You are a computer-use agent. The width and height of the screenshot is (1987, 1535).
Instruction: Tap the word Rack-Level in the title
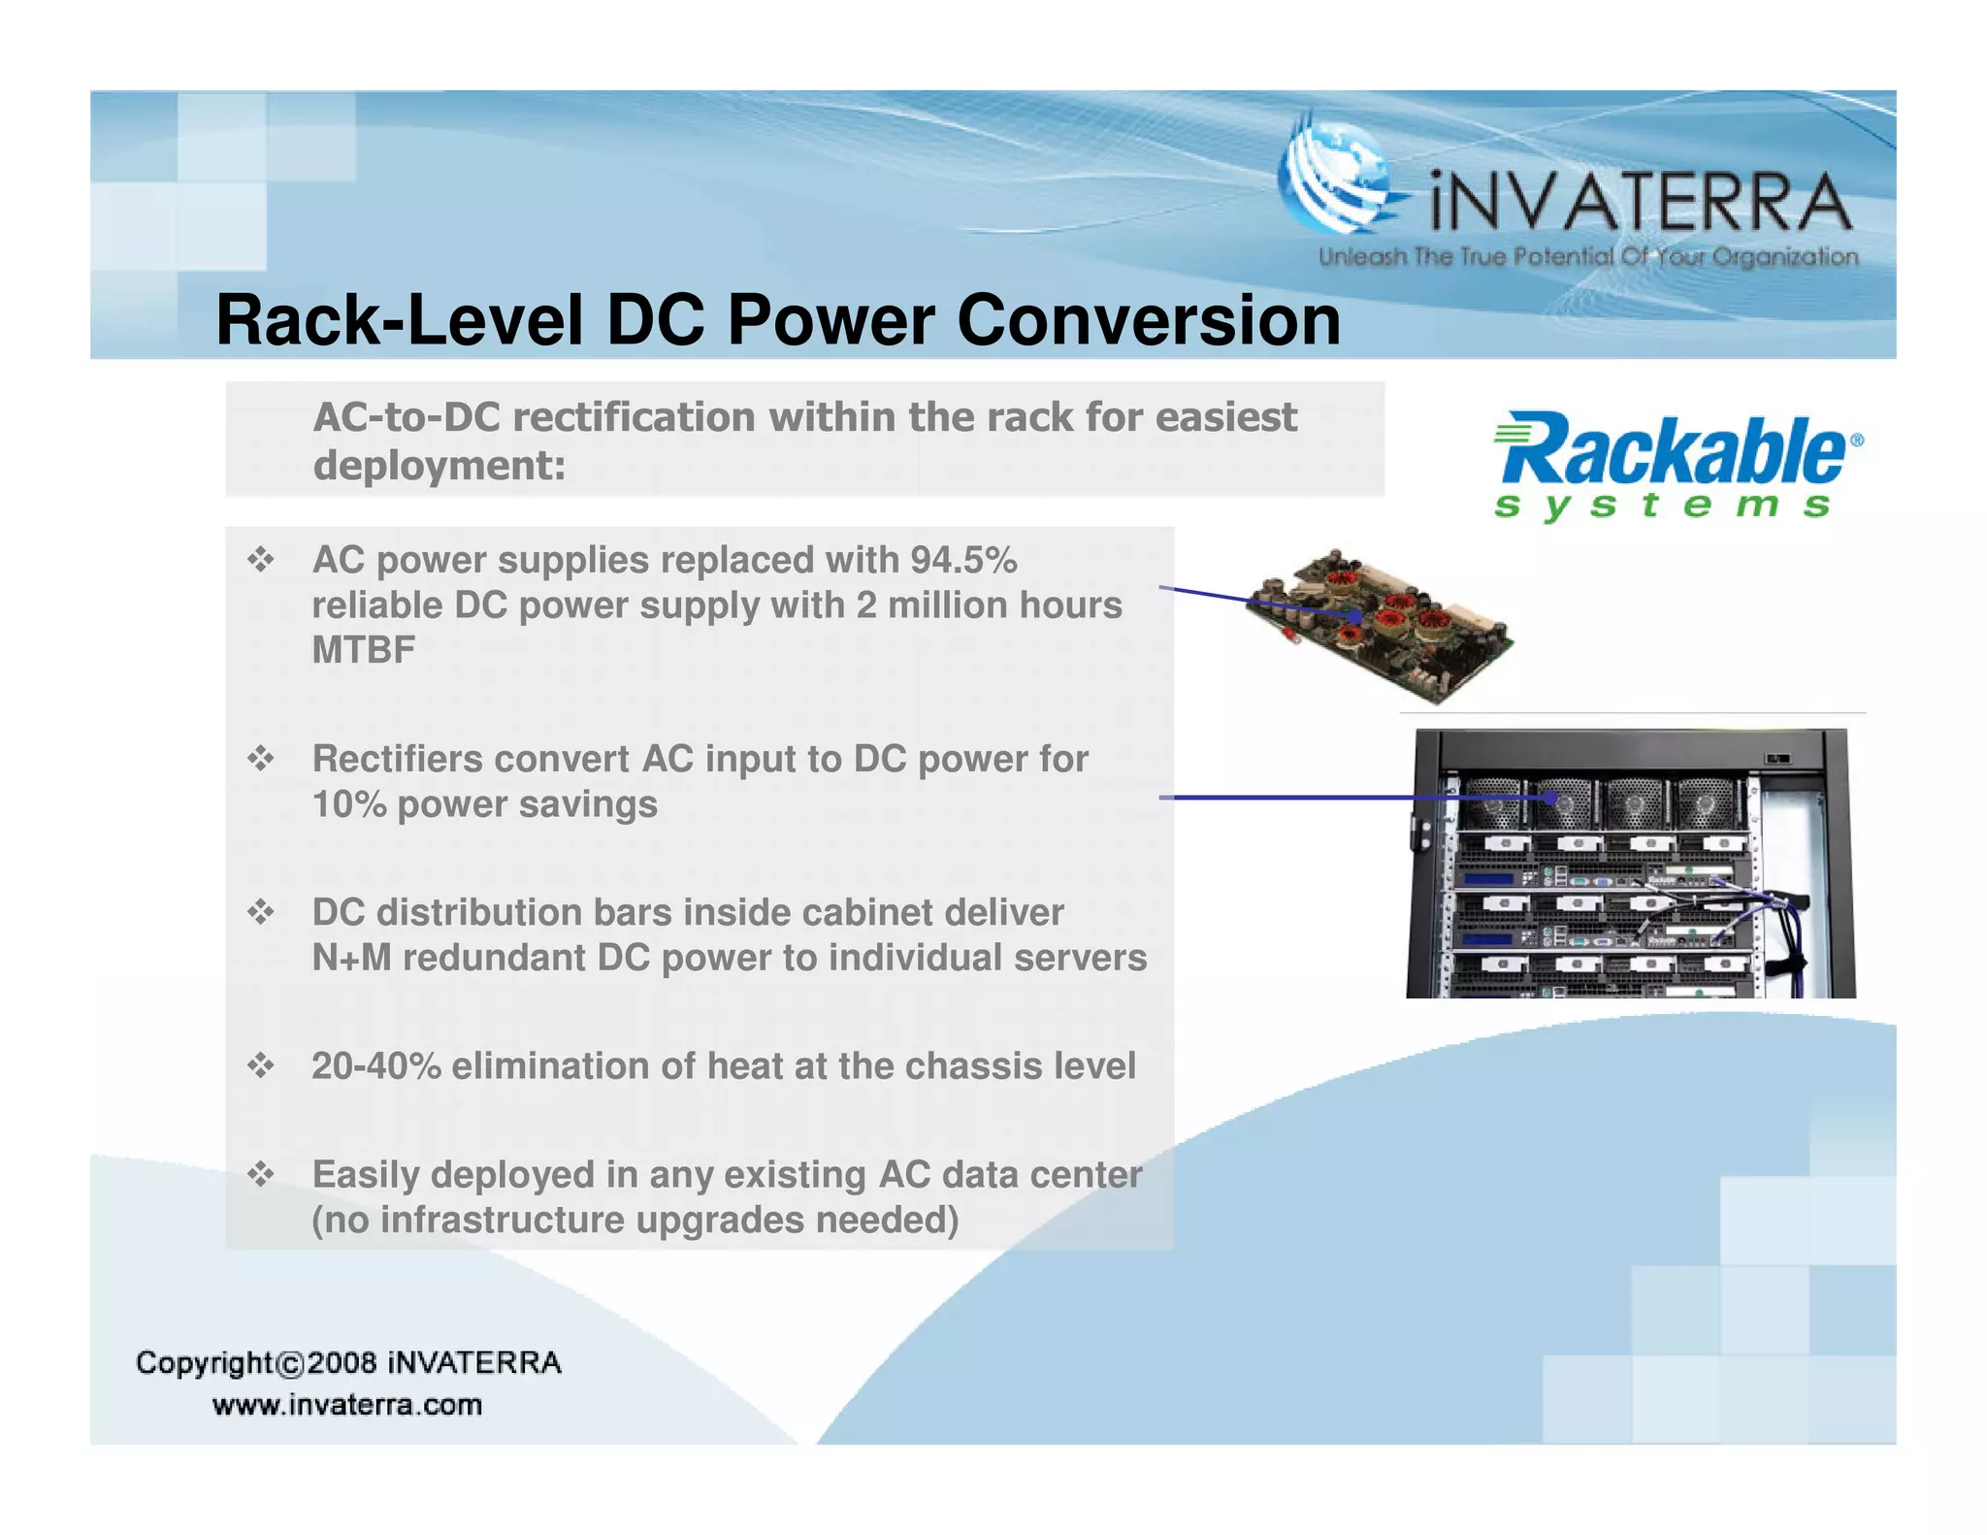click(x=399, y=320)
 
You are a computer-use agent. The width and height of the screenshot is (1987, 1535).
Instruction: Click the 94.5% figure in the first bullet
click(x=963, y=560)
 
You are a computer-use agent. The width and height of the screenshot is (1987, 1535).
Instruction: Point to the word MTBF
click(x=364, y=650)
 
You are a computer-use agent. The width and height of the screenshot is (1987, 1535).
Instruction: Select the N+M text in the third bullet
click(x=351, y=958)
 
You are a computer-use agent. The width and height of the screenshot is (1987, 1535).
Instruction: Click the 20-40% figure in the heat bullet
click(x=375, y=1066)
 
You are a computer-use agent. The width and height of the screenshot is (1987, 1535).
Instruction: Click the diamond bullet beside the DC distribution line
click(x=260, y=912)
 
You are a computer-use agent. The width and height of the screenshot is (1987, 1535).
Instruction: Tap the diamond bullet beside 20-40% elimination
click(x=260, y=1066)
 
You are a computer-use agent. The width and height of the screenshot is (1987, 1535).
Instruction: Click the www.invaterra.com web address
click(x=347, y=1405)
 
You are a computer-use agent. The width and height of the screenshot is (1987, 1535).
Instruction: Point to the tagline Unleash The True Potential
click(x=1587, y=257)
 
